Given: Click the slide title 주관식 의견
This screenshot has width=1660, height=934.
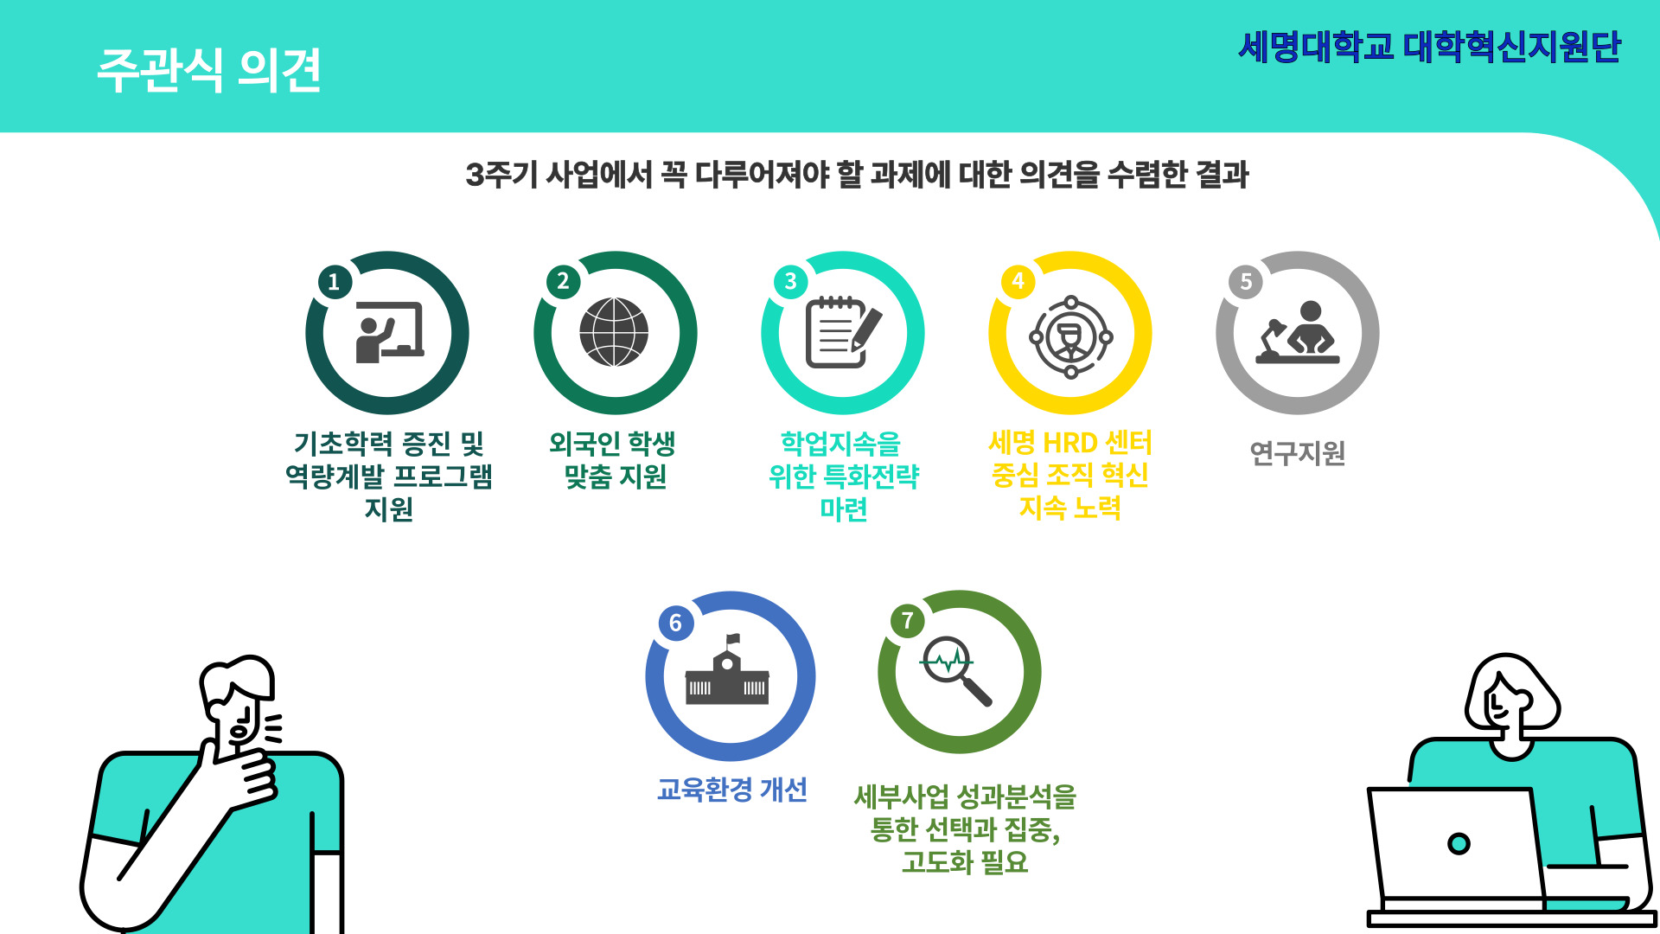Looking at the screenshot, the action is pos(209,70).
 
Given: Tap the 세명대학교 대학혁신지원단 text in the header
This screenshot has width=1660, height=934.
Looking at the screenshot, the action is pos(1430,47).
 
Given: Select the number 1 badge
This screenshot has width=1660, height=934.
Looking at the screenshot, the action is pos(335,282).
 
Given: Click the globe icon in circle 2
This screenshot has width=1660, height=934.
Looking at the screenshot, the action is pos(614,332).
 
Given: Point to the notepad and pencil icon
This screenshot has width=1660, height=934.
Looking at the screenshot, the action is pos(843,332).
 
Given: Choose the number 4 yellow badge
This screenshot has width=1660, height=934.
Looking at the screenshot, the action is pos(1018,281).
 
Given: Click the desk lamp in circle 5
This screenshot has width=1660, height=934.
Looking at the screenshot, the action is pos(1273,338).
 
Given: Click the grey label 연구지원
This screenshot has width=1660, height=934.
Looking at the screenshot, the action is pos(1297,452).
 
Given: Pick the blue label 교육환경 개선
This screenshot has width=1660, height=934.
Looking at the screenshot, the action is pos(731,790).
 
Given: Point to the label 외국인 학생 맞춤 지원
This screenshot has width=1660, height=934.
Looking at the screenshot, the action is pos(614,460).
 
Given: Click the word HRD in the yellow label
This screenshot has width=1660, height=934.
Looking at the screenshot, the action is pos(1070,444).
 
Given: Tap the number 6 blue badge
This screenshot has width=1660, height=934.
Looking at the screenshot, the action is pos(675,623).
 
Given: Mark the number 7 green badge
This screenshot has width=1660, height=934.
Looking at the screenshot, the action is pos(907,621).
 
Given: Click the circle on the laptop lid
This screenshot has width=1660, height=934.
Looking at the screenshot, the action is pos(1459,843).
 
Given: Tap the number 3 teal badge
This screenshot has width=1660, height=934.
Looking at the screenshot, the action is pos(790,282).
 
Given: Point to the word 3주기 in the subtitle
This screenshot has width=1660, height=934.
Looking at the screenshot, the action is pos(501,175).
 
